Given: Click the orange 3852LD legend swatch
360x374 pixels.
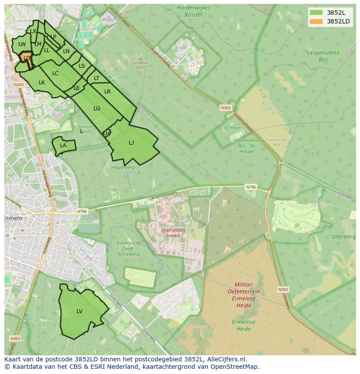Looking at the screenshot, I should point(317,21).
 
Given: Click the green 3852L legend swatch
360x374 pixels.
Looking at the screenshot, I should point(317,13).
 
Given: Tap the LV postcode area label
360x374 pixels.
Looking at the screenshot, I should point(80,311).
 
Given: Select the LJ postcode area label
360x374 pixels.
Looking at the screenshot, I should point(131,142).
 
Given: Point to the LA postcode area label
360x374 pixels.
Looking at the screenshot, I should point(63,146).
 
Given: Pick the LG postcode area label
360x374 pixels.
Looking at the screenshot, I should point(97,109).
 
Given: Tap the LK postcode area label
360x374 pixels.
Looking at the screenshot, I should point(42,82).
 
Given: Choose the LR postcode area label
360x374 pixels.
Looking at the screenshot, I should point(107,92).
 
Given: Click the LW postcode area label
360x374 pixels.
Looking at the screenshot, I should point(22,44).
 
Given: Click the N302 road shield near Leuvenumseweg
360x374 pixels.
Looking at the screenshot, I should point(226,108).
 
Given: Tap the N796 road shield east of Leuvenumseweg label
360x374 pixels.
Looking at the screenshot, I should point(251,187).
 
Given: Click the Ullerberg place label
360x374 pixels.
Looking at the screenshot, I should point(343,237).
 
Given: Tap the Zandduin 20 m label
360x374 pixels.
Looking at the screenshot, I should point(140,65).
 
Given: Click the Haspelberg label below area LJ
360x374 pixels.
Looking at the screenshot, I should point(123,167).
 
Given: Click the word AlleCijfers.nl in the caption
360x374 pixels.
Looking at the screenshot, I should point(226,359).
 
